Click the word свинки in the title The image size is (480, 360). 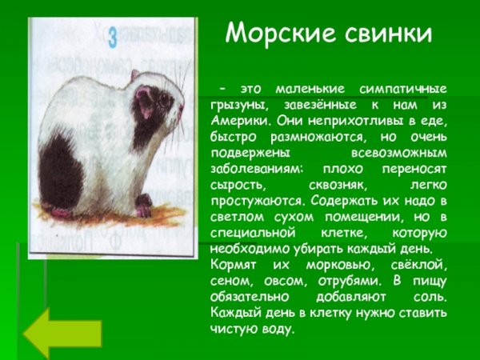384,33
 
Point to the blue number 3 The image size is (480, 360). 113,37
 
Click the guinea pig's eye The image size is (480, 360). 164,99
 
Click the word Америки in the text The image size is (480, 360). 239,122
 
